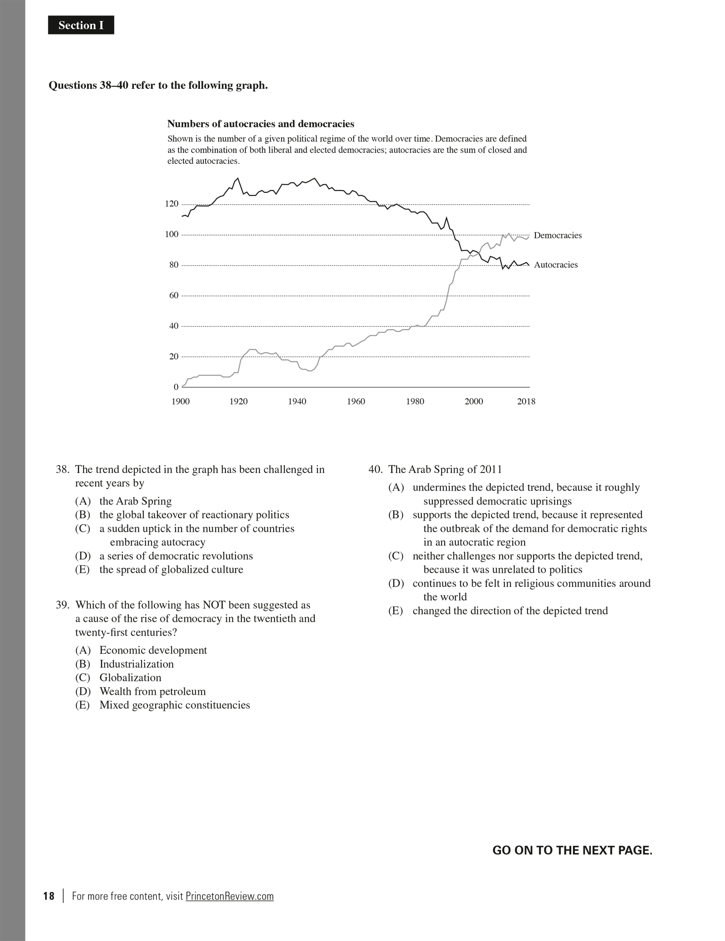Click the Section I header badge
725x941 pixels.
(x=81, y=25)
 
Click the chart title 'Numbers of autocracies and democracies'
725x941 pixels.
(x=260, y=124)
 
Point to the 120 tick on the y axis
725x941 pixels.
(x=172, y=204)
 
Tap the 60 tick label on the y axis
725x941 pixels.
(x=173, y=295)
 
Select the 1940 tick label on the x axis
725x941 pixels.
(x=297, y=401)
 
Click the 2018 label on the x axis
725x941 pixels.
(x=526, y=401)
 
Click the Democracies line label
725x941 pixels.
(x=557, y=235)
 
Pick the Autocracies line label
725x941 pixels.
(x=556, y=265)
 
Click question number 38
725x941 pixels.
(x=62, y=469)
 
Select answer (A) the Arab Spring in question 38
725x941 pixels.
(x=135, y=501)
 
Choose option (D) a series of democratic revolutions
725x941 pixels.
(x=176, y=556)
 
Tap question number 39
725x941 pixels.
(x=62, y=605)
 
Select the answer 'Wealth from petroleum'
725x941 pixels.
(x=153, y=691)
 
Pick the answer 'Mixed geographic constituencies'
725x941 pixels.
(x=175, y=705)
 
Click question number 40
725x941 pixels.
(x=375, y=469)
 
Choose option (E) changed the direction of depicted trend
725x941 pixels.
(x=510, y=611)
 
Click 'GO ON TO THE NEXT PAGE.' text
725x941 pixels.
(x=572, y=850)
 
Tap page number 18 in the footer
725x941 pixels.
(x=49, y=896)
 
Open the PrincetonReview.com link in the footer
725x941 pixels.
(x=229, y=896)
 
